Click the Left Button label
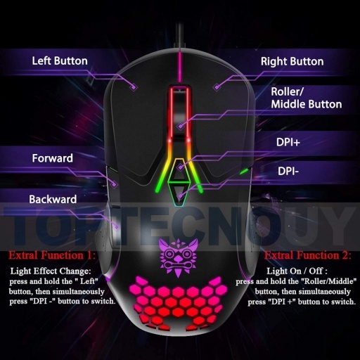(60, 61)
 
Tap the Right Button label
(292, 61)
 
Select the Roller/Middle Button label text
(307, 98)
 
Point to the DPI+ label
(288, 142)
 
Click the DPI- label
(288, 171)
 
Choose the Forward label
(53, 158)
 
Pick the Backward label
(53, 199)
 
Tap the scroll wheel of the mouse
(180, 112)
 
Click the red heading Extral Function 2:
(308, 255)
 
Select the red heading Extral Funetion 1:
(52, 255)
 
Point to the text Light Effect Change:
(51, 271)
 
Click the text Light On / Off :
(297, 271)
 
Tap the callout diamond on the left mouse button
(134, 87)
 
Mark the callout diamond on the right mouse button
(217, 87)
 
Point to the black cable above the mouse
(180, 35)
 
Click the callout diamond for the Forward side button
(115, 184)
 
